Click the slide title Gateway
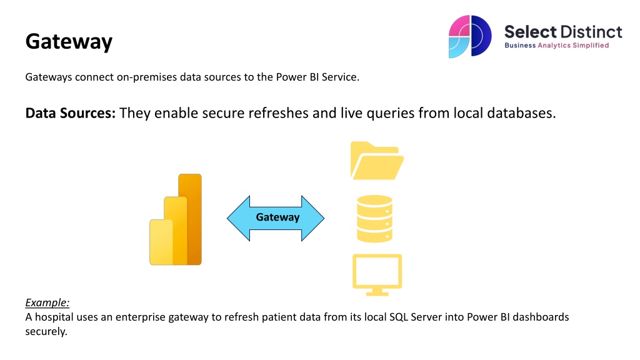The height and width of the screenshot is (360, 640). (69, 42)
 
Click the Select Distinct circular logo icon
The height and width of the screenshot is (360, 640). (470, 36)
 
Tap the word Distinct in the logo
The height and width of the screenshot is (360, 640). (591, 31)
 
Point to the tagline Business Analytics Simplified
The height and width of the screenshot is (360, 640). (556, 46)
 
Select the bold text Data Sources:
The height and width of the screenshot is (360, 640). (71, 113)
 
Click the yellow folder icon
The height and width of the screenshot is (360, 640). (377, 161)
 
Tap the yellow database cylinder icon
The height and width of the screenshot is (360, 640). (374, 219)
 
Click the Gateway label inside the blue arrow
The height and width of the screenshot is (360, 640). (277, 217)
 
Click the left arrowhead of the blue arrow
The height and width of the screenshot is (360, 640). (237, 218)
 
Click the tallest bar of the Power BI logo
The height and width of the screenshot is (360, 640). (191, 219)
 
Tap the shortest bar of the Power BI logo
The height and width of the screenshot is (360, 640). (160, 242)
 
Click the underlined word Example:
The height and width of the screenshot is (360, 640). (47, 302)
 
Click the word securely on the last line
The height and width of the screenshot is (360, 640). (46, 331)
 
